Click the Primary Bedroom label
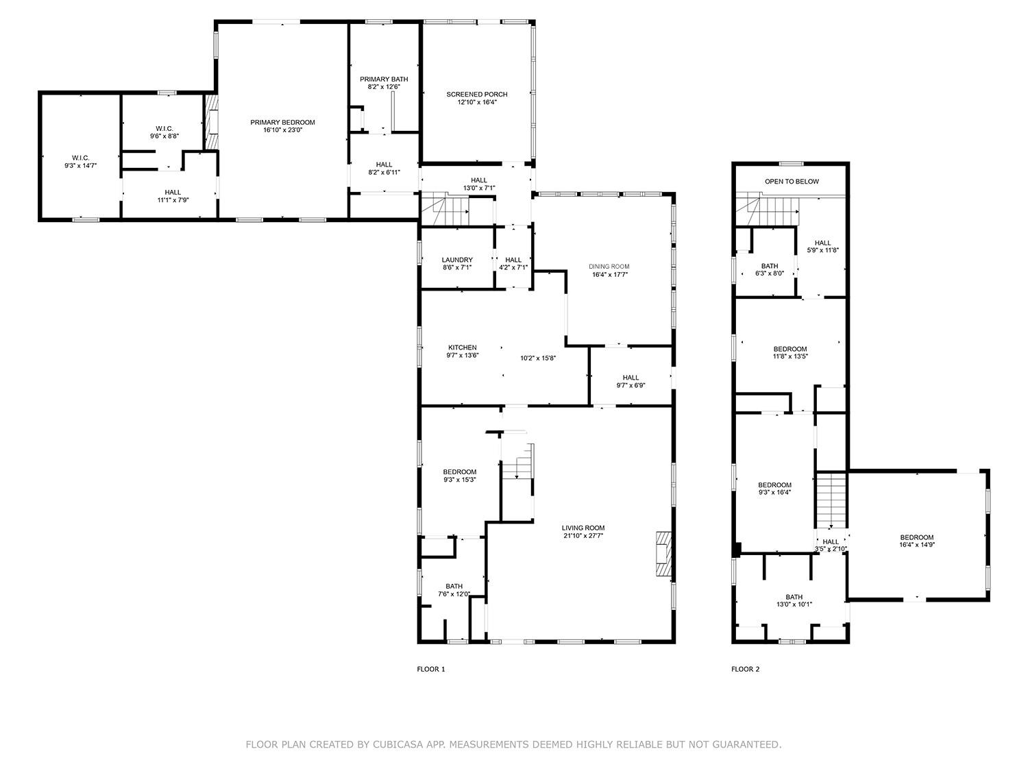coord(282,123)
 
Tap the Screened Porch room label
coord(477,95)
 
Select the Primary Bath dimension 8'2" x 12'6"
coord(384,87)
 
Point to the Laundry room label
coord(457,260)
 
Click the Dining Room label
coord(609,267)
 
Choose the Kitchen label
coord(463,347)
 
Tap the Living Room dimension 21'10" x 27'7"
coord(583,536)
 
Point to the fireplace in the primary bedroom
coord(212,121)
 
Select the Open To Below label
coord(792,182)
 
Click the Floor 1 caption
coord(431,669)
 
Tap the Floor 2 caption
coord(746,669)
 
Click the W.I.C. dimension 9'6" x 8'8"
coord(164,136)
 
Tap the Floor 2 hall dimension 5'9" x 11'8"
coord(822,250)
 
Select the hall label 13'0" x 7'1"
coord(479,188)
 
